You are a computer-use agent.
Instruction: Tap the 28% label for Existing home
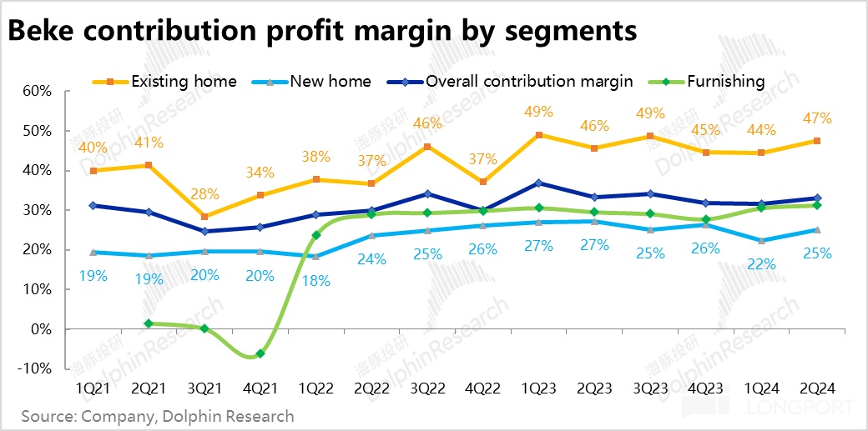pos(205,195)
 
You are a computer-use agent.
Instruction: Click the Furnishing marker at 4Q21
pos(260,353)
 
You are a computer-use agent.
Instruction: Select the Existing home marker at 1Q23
pos(538,135)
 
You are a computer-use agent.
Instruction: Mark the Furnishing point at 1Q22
pos(316,235)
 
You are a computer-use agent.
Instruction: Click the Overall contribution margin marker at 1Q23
pos(538,183)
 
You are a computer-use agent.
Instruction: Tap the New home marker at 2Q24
pos(817,230)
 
